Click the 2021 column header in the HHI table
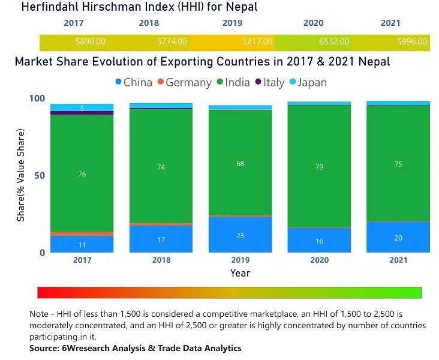tap(390, 23)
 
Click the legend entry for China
tap(133, 83)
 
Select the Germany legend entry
tap(185, 83)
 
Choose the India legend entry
tap(234, 83)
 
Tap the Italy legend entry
tap(269, 83)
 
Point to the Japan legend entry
tap(308, 83)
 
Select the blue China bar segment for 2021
tap(398, 237)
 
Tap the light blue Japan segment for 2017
tap(82, 107)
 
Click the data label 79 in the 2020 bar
tap(319, 167)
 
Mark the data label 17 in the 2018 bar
tap(161, 240)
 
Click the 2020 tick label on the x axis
tap(319, 260)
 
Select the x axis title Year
tap(240, 273)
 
